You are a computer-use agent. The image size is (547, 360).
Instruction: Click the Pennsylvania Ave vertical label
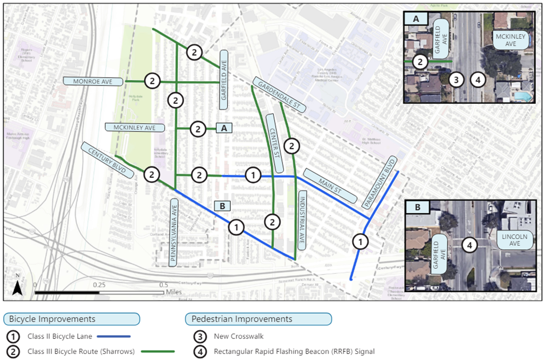(173, 232)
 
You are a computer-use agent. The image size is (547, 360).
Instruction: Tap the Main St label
(330, 185)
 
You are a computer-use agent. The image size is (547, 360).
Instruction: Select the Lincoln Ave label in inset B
(515, 241)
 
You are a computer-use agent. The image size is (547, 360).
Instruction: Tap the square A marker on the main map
(223, 129)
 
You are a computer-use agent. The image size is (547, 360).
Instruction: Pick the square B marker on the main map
(222, 206)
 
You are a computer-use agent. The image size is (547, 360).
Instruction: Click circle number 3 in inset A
(456, 80)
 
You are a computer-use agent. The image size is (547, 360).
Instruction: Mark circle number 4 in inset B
(470, 245)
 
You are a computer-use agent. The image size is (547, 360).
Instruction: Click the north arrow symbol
(17, 287)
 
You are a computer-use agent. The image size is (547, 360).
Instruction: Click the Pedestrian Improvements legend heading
(258, 319)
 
